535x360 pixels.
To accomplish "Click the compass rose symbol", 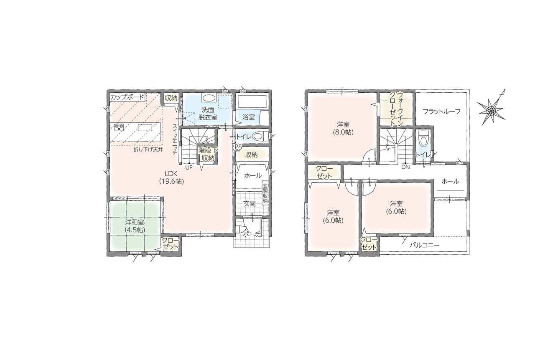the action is coord(491,110).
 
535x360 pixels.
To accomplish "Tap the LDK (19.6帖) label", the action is coord(171,177).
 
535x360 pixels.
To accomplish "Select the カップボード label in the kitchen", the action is coord(127,97).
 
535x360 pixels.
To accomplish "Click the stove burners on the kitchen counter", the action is coord(118,127).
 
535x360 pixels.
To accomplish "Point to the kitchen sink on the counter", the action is coord(145,127).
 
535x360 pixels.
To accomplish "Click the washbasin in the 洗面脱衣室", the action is coord(209,98).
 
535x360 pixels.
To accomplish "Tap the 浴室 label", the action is coord(249,117).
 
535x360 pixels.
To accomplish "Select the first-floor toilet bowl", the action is coord(259,137).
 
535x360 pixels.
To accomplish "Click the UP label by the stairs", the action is coord(189,167).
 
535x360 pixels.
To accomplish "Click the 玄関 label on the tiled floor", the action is coord(250,204).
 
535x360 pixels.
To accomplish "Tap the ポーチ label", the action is coord(251,234).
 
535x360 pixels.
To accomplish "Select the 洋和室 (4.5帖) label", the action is coord(135,226).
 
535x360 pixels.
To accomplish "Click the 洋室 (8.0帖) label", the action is coord(343,128).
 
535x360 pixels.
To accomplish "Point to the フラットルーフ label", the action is coord(441,112).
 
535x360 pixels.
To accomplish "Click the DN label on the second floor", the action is coord(405,167).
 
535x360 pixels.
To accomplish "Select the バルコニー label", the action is coord(424,245).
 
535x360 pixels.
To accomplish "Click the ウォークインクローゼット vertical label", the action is coord(397,109).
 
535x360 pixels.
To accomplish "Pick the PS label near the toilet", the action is coord(238,147).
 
